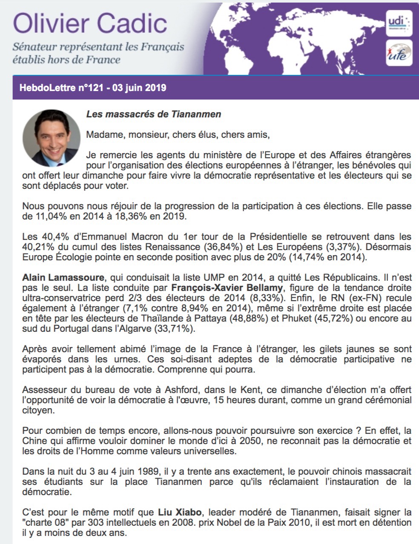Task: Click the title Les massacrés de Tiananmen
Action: (x=154, y=114)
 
